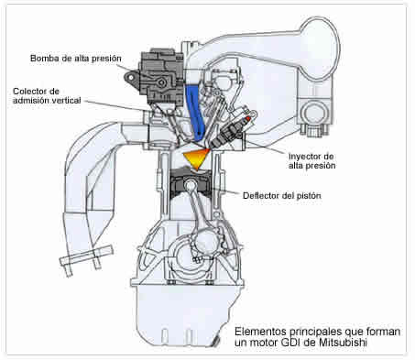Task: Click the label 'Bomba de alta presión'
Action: click(76, 59)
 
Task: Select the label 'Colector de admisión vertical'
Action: click(47, 95)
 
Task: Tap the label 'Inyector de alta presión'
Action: click(311, 161)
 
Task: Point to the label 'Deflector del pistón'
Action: click(282, 195)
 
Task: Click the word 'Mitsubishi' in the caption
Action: click(343, 343)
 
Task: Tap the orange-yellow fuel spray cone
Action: click(196, 158)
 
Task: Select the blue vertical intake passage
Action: click(195, 113)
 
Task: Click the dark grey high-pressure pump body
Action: click(161, 74)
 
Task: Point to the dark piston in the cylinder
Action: click(191, 184)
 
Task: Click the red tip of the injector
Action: click(248, 118)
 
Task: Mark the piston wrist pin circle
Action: click(191, 184)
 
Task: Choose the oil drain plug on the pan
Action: click(216, 341)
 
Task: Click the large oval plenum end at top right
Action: click(321, 48)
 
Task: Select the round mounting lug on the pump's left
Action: click(131, 78)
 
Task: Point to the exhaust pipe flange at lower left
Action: click(86, 256)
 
